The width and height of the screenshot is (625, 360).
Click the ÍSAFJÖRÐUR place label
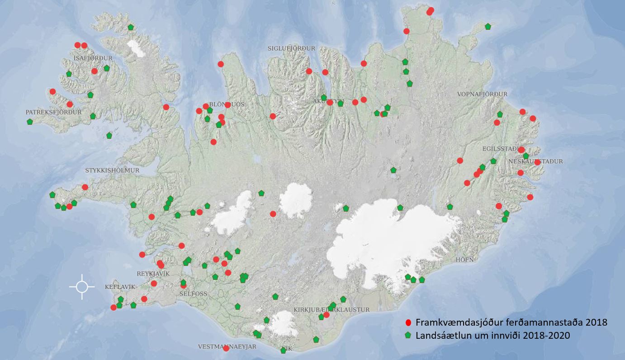(x=93, y=58)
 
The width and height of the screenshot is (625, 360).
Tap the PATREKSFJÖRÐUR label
(x=53, y=112)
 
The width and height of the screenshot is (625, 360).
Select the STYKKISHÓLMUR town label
(x=112, y=171)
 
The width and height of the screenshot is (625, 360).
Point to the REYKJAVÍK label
(x=153, y=274)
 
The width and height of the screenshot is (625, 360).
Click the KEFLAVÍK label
(x=120, y=287)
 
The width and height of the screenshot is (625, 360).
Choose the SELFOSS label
(x=193, y=294)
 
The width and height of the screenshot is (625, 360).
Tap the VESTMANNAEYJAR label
(x=227, y=346)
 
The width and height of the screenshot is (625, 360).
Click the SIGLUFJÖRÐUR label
(x=291, y=48)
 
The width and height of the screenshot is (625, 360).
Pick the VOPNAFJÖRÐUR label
(x=482, y=94)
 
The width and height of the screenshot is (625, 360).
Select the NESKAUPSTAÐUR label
(x=536, y=161)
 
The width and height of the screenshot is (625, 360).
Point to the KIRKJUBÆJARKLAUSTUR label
(x=331, y=309)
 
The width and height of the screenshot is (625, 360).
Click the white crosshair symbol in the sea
(x=82, y=287)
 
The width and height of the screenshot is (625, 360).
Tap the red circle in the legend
(x=408, y=322)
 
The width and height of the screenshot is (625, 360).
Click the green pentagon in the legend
(x=408, y=336)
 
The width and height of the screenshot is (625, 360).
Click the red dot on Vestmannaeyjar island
(x=226, y=348)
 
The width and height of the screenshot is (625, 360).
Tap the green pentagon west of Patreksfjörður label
(x=30, y=122)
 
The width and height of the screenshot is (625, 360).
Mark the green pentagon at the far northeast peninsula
(x=488, y=27)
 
